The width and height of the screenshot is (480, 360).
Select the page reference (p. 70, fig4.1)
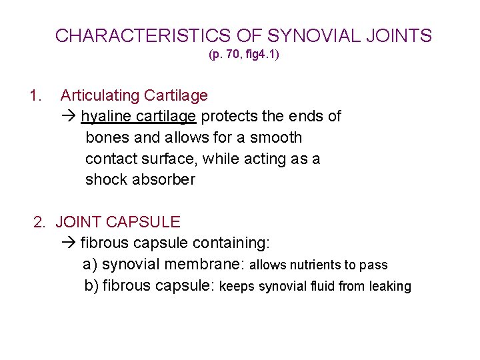point(244,55)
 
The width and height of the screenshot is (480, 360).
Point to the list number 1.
point(35,96)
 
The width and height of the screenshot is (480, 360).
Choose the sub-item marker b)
point(91,285)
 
